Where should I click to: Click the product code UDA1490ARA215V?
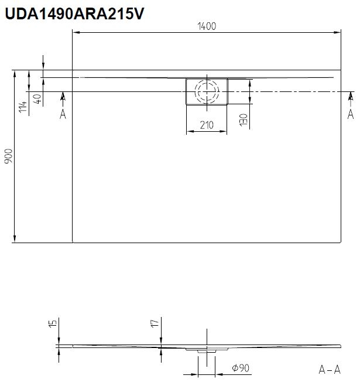tap(74, 13)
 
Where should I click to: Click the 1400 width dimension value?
tap(207, 26)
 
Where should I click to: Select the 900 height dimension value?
tap(9, 156)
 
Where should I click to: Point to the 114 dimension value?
tap(23, 107)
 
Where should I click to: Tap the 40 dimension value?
tap(37, 98)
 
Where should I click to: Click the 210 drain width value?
tap(207, 125)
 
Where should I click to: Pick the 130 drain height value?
tap(244, 120)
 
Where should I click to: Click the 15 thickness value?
tap(53, 323)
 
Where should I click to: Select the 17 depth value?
tap(155, 323)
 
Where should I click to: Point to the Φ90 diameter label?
tap(241, 368)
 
